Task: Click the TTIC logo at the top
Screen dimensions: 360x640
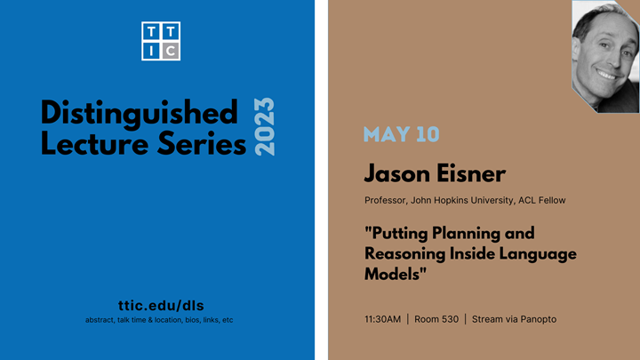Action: tap(161, 41)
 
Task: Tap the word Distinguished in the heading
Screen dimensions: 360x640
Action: tap(140, 114)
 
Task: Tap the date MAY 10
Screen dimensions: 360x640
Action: tap(401, 135)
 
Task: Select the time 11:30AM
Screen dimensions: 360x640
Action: tap(382, 319)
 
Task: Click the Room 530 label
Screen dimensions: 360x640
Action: tap(436, 319)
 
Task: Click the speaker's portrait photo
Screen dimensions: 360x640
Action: tap(604, 55)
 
